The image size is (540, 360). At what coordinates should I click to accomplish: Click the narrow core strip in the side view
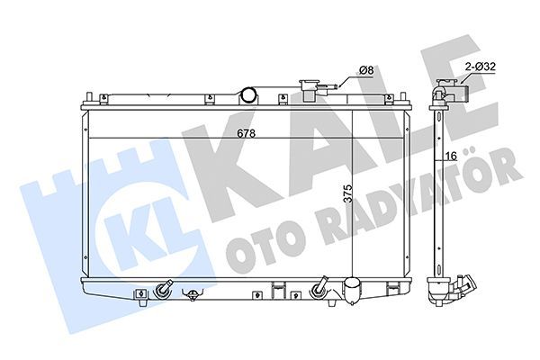439,189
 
